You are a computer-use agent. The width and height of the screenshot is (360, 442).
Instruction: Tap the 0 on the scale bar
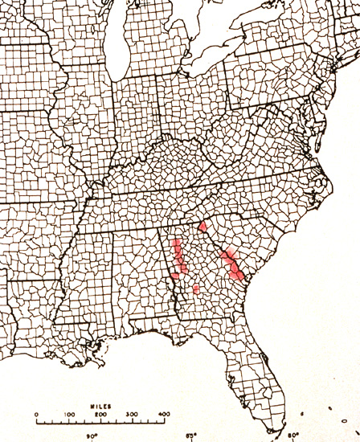(x=37, y=415)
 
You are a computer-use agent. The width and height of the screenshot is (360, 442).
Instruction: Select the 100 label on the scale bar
(x=69, y=415)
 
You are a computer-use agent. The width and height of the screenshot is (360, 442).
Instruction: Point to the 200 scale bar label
(x=101, y=415)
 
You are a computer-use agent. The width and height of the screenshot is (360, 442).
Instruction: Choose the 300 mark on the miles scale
(x=133, y=415)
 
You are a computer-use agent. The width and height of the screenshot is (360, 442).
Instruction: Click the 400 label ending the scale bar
(x=165, y=415)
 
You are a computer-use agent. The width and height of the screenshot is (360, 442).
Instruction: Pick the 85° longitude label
(x=191, y=436)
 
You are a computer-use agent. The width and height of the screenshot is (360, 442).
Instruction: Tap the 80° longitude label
(x=292, y=436)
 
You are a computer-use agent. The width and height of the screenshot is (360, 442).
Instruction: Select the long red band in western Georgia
(x=178, y=259)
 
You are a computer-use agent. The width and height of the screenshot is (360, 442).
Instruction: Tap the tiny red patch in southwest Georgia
(x=195, y=289)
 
